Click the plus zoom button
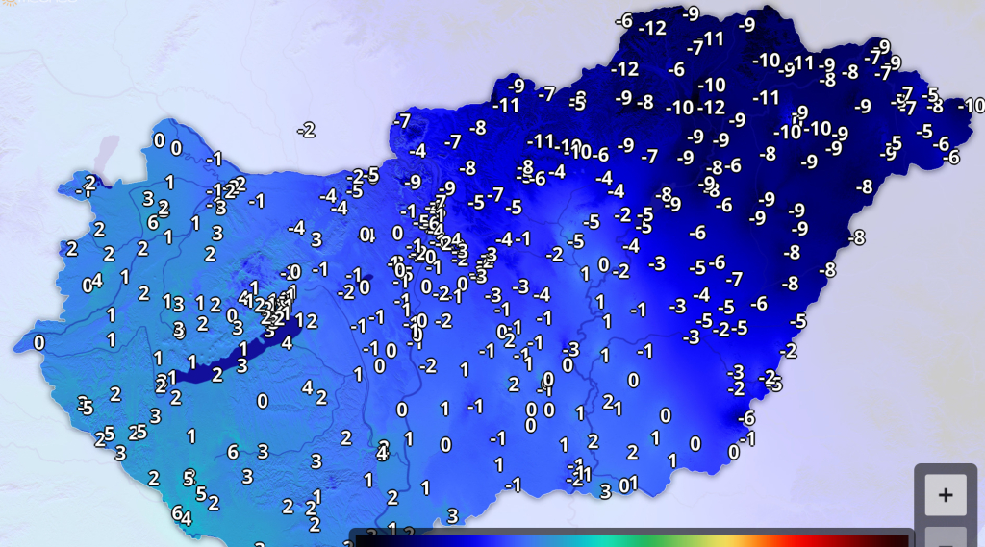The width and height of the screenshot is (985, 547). tap(946, 494)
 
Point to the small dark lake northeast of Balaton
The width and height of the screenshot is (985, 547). tap(365, 286)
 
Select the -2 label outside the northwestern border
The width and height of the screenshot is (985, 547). tap(307, 130)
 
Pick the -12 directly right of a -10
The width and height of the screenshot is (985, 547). tap(712, 107)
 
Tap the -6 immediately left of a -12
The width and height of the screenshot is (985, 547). tap(623, 21)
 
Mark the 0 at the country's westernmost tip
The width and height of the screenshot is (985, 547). tap(39, 343)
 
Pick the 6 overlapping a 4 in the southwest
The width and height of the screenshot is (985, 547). tap(177, 511)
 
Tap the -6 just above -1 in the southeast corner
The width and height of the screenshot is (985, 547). tap(746, 418)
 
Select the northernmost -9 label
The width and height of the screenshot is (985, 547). tap(691, 13)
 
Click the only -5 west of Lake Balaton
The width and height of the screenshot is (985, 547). tap(86, 408)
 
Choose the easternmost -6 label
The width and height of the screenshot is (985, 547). tap(953, 157)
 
